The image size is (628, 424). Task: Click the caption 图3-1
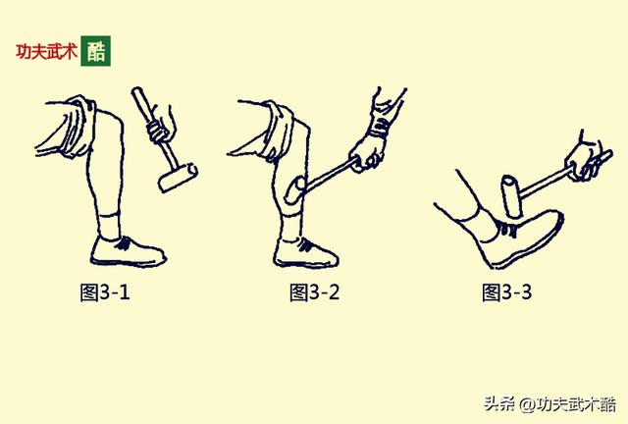pos(105,291)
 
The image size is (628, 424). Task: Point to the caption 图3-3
pos(507,291)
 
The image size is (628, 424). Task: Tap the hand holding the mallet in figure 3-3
pos(590,158)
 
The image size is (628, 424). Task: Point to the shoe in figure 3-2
pos(307,252)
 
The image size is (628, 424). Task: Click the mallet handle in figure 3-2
pos(334,172)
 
